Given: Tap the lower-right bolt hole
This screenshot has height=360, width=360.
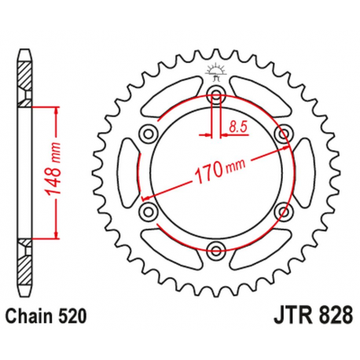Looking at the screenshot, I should [x=283, y=212].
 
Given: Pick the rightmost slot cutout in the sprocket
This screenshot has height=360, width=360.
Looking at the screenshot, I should [x=308, y=174].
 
